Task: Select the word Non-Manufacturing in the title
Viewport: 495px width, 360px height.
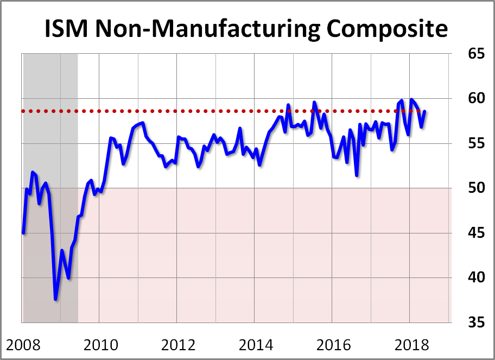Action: click(210, 29)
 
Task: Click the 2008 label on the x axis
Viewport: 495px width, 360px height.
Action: click(23, 345)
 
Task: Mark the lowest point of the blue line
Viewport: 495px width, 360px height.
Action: click(55, 299)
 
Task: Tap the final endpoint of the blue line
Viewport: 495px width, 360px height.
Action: click(425, 111)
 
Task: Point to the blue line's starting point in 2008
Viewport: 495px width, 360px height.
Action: click(23, 233)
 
